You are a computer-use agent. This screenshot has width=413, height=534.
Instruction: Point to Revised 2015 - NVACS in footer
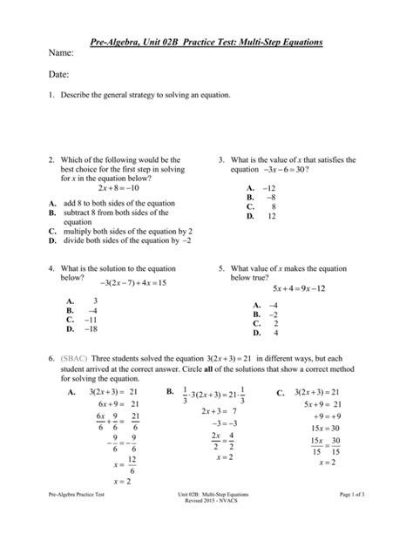206,525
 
